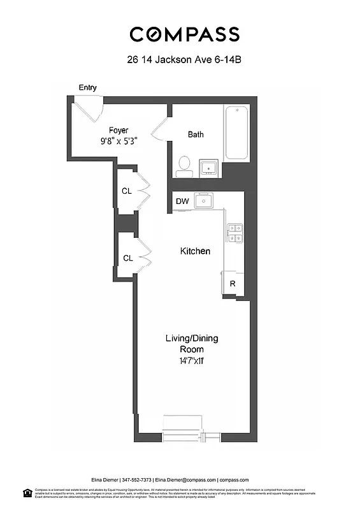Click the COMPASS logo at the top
tap(185, 34)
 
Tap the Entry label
tap(88, 87)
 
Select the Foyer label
tap(119, 130)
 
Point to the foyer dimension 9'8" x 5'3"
tap(119, 142)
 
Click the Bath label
tap(196, 135)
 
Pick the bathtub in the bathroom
tap(239, 133)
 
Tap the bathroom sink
tap(209, 168)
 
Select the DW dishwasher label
tap(182, 201)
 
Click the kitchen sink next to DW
tap(204, 201)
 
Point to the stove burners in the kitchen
tap(234, 233)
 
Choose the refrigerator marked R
tap(233, 284)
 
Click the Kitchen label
tap(195, 251)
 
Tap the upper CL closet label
tap(127, 190)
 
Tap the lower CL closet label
tap(127, 258)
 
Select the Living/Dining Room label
tap(192, 344)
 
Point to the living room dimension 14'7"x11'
tap(192, 361)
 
